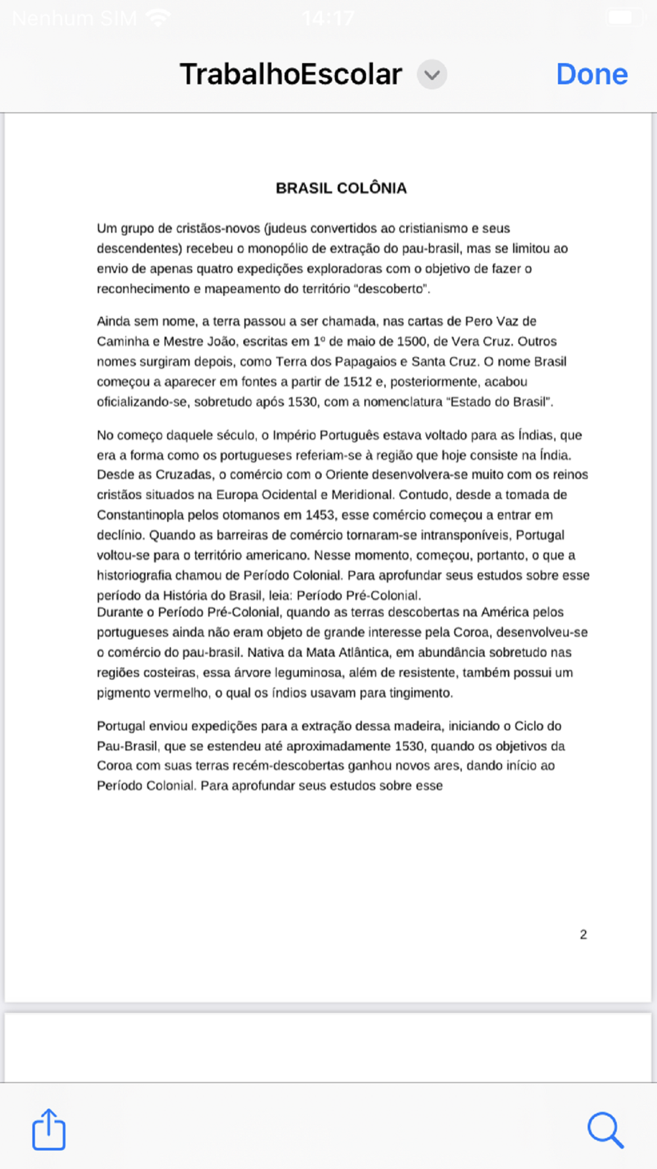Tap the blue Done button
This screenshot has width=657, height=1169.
pyautogui.click(x=591, y=74)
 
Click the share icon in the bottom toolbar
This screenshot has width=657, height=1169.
pyautogui.click(x=49, y=1130)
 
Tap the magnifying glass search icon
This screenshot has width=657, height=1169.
pyautogui.click(x=604, y=1130)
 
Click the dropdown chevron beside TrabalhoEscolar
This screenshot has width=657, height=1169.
pyautogui.click(x=432, y=74)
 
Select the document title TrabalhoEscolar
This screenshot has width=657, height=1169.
pyautogui.click(x=290, y=74)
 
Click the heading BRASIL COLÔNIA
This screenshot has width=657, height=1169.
pyautogui.click(x=341, y=188)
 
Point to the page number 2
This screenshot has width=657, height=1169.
pyautogui.click(x=583, y=934)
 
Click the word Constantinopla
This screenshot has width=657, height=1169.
pyautogui.click(x=141, y=515)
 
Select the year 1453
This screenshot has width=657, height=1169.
pyautogui.click(x=320, y=515)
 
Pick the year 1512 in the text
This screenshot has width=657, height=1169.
pyautogui.click(x=357, y=381)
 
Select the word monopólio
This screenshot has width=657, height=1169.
pyautogui.click(x=278, y=249)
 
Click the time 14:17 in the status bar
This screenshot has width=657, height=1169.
pyautogui.click(x=328, y=18)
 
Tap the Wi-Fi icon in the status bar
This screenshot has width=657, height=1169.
pyautogui.click(x=158, y=18)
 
